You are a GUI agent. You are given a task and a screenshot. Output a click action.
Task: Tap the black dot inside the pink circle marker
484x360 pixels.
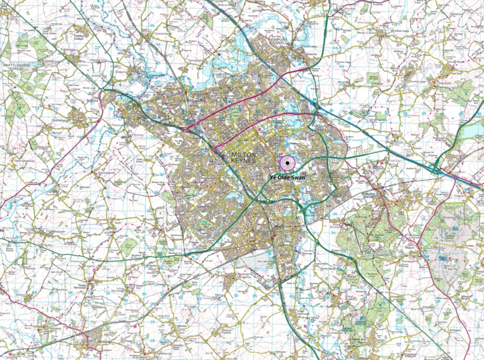(x=287, y=162)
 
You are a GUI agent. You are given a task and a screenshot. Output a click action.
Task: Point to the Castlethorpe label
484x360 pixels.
(x=165, y=31)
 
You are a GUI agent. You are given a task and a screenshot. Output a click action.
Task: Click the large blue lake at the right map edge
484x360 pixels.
(x=475, y=130)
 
